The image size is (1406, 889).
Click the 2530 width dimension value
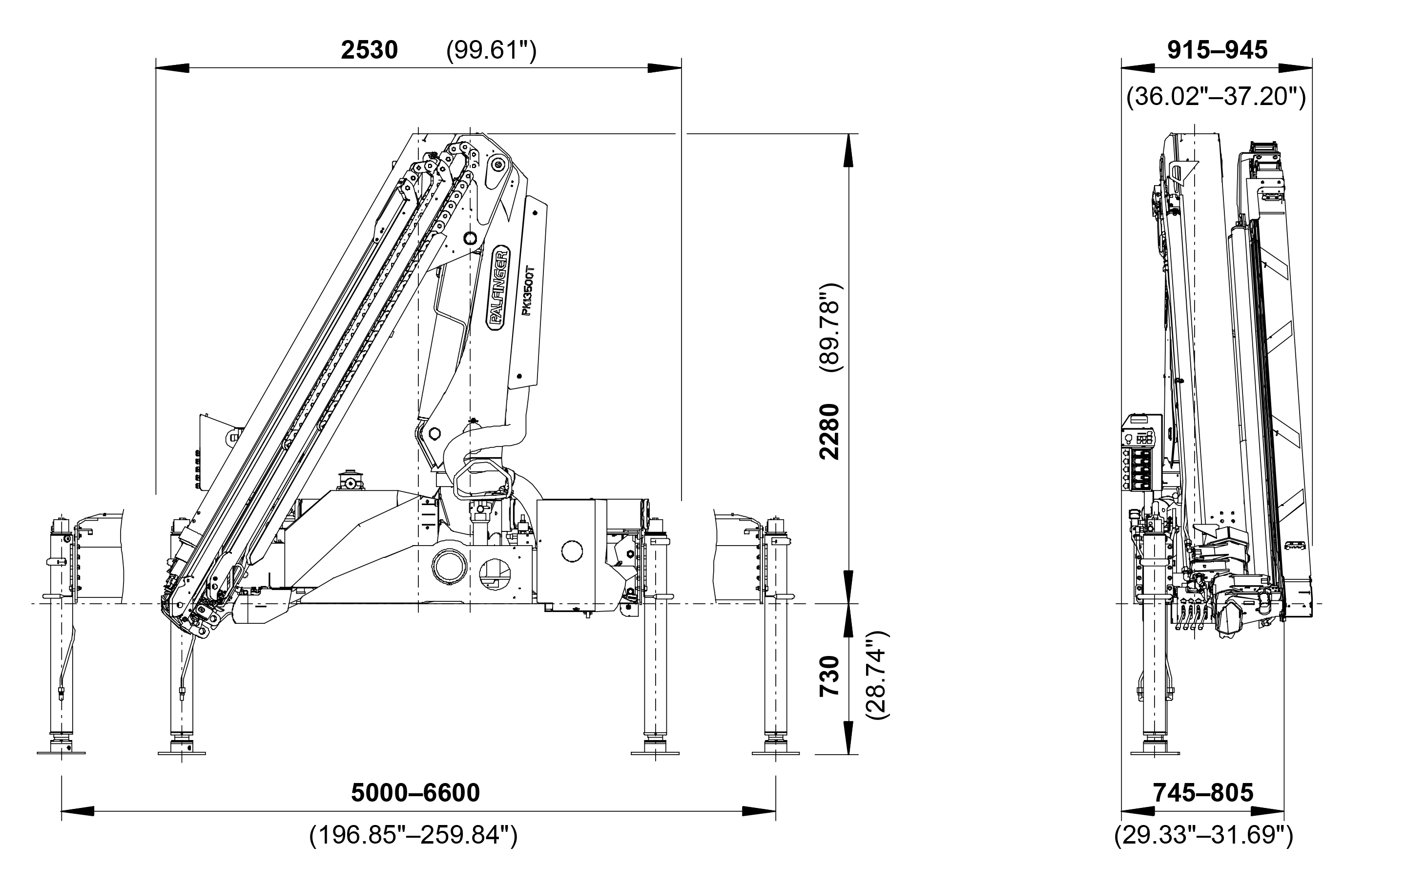pyautogui.click(x=369, y=50)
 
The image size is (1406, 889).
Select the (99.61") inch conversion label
pyautogui.click(x=491, y=51)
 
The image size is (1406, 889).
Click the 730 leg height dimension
pyautogui.click(x=829, y=676)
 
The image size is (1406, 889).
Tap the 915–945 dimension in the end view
pyautogui.click(x=1218, y=50)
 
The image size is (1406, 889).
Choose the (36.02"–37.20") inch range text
pyautogui.click(x=1216, y=96)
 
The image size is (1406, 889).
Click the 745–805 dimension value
pyautogui.click(x=1203, y=793)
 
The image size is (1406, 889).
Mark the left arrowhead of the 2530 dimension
pyautogui.click(x=173, y=68)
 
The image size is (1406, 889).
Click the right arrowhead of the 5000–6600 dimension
pyautogui.click(x=759, y=811)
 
